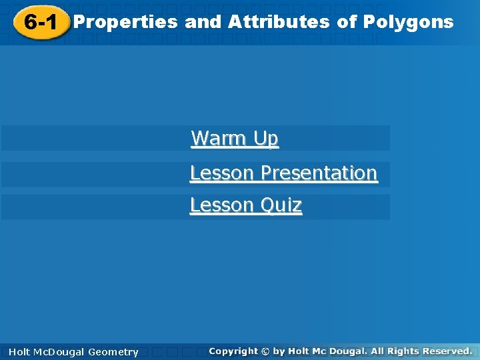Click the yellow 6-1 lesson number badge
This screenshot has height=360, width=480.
[x=40, y=23]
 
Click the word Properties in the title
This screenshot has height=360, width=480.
[x=125, y=23]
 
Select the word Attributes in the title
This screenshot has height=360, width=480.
[x=279, y=22]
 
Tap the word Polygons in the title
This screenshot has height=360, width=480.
[x=408, y=22]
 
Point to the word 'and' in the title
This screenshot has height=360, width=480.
[x=203, y=22]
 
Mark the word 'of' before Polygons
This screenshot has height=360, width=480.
[x=347, y=22]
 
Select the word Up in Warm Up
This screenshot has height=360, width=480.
[x=265, y=139]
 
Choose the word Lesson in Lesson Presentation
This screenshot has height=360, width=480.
[x=222, y=173]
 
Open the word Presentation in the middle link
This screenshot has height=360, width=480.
[x=319, y=173]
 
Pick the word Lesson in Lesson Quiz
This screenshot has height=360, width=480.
[x=222, y=205]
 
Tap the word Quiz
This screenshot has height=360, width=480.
[x=281, y=205]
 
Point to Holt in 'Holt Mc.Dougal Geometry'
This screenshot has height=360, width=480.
[x=19, y=352]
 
